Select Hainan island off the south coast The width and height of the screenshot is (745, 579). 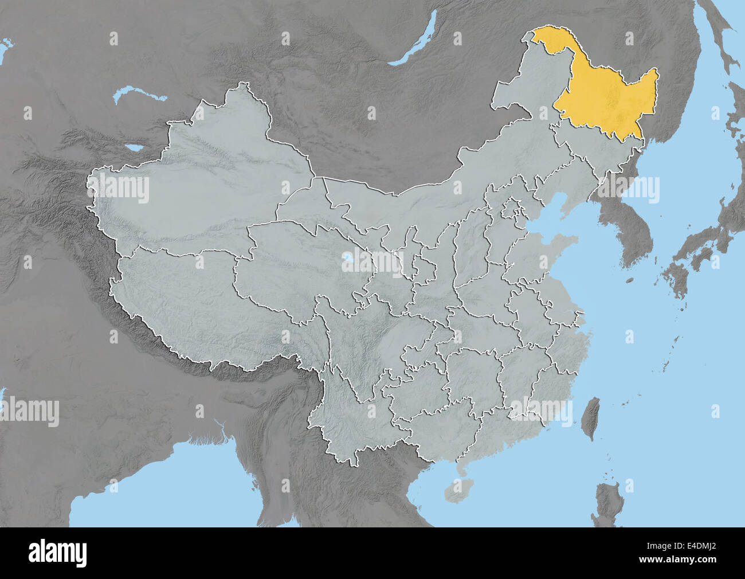(456, 490)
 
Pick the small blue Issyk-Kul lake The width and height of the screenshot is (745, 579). (136, 148)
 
